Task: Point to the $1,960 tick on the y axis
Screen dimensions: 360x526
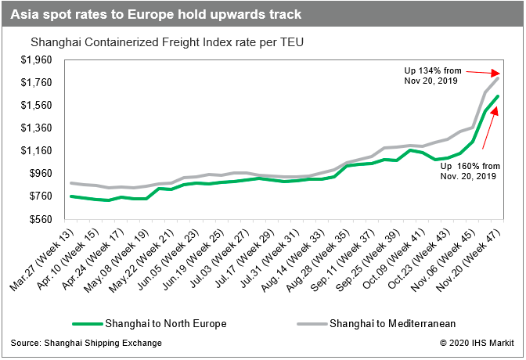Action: (x=34, y=60)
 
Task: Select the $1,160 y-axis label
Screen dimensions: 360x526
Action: (x=34, y=150)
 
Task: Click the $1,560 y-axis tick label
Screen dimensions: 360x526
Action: (x=34, y=106)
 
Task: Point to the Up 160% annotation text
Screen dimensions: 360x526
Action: (x=468, y=171)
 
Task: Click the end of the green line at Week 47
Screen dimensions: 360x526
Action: (x=498, y=96)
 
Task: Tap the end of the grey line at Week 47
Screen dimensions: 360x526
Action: (x=498, y=78)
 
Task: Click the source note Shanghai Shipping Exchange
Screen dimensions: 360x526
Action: (x=87, y=343)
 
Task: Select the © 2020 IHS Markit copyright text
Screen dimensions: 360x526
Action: (x=477, y=343)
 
